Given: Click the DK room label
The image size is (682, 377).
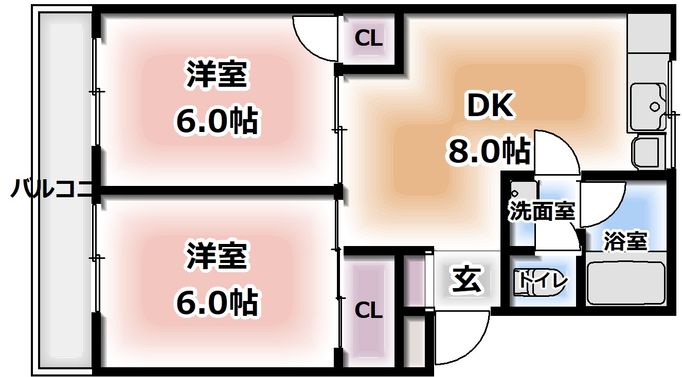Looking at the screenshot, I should pyautogui.click(x=490, y=107).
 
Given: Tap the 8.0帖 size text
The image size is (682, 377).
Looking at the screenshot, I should pyautogui.click(x=489, y=151).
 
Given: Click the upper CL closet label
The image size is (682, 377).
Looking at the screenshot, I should pyautogui.click(x=369, y=39).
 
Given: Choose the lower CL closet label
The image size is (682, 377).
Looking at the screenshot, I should pyautogui.click(x=369, y=310).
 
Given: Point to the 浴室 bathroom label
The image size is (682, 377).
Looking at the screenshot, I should pyautogui.click(x=625, y=241).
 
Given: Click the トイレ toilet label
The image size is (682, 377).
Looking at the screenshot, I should pyautogui.click(x=543, y=280).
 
